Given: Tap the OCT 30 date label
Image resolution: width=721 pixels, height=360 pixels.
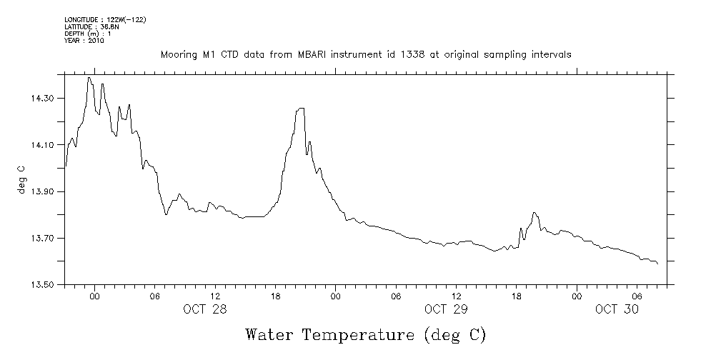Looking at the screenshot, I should [x=616, y=309].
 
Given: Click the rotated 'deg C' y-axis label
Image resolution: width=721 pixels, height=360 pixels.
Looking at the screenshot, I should [x=22, y=180].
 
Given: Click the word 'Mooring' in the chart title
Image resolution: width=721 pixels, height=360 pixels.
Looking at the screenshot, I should [x=179, y=55].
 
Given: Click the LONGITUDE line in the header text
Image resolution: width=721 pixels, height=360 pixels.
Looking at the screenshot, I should [x=105, y=19].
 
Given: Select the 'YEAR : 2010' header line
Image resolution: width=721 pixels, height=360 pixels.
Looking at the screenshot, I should [x=84, y=41].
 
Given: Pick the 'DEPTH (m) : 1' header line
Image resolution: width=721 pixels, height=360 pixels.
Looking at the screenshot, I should [x=87, y=34].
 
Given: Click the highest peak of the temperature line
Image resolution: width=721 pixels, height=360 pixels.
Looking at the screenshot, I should [x=89, y=78].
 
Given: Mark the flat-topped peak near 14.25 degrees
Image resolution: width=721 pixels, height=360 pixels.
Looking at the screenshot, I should [x=301, y=109].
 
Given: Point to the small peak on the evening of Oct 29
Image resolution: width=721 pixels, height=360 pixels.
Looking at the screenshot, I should [x=534, y=213].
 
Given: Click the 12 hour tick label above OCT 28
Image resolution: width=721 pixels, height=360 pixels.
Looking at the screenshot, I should [x=215, y=295].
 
